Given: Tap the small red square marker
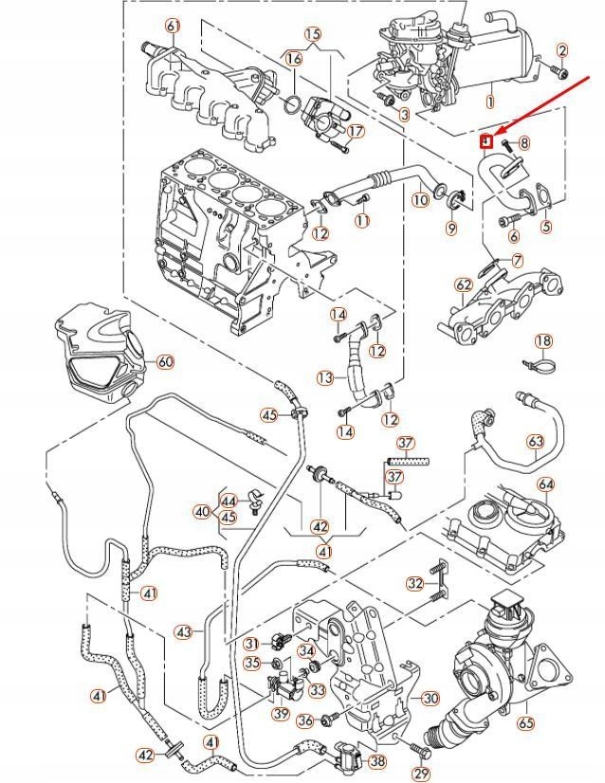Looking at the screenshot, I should coord(485,142).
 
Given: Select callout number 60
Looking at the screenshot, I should coord(165,361).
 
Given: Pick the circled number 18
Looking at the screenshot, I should coord(542,341).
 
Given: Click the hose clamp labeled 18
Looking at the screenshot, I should coord(534,362).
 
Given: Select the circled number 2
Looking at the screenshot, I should coord(561,50).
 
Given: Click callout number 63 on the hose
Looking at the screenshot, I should coord(535,442).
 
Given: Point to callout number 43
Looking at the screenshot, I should coord(184,631).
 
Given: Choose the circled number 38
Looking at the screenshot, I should coord(377,760).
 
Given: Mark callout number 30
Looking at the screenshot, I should coord(431,699).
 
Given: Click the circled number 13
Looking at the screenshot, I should coord(325,377).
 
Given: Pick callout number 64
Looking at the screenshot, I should coord(545,484).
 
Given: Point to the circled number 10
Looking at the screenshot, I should coord(420,201).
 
